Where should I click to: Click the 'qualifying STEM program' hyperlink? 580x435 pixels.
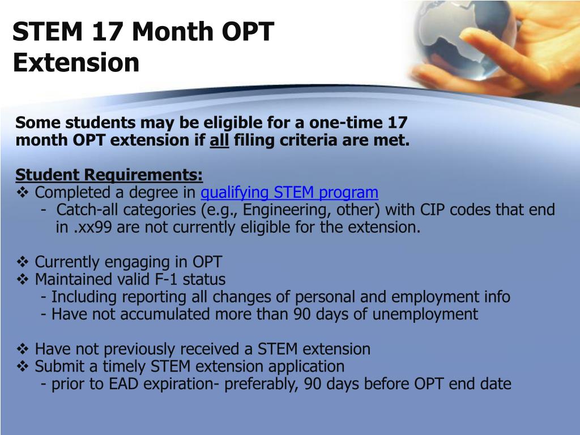pyautogui.click(x=289, y=193)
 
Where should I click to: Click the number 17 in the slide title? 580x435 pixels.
pyautogui.click(x=107, y=31)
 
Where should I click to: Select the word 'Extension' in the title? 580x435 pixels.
pyautogui.click(x=76, y=62)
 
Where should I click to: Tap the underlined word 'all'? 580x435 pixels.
pyautogui.click(x=219, y=140)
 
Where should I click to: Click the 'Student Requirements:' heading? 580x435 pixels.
pyautogui.click(x=109, y=175)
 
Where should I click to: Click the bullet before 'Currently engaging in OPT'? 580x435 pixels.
pyautogui.click(x=23, y=262)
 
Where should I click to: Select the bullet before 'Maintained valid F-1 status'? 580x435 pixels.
pyautogui.click(x=23, y=279)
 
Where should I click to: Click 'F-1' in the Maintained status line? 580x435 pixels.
pyautogui.click(x=166, y=279)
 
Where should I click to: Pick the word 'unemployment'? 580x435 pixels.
pyautogui.click(x=425, y=314)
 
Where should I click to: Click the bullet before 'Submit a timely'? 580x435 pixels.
pyautogui.click(x=23, y=366)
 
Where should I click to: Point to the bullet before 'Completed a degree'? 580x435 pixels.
pyautogui.click(x=23, y=193)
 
